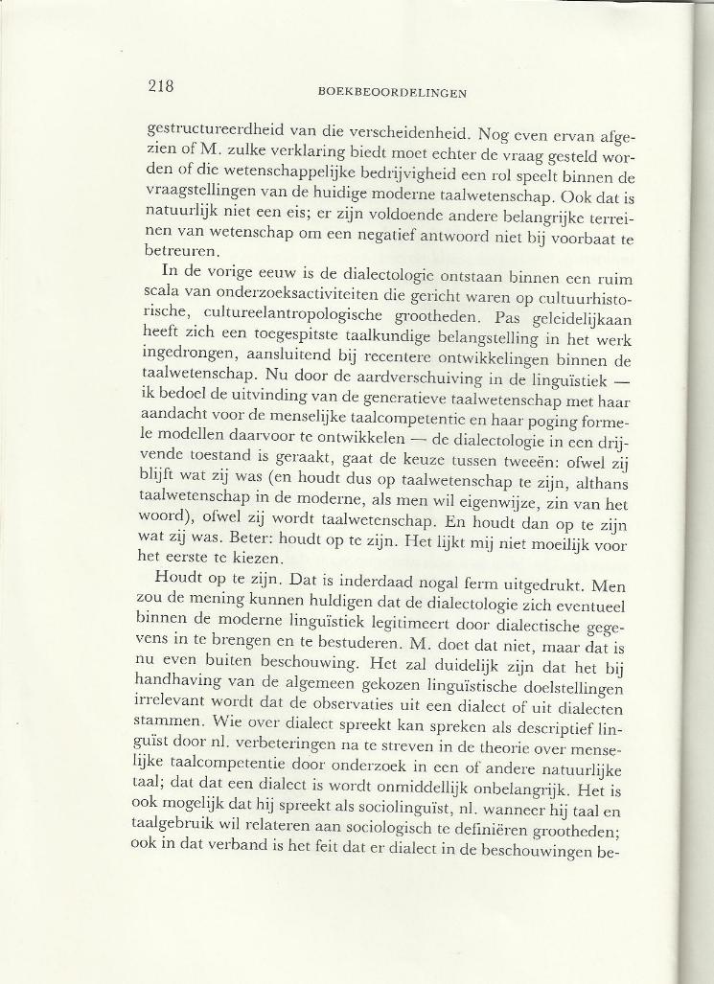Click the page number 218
(x=161, y=86)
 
